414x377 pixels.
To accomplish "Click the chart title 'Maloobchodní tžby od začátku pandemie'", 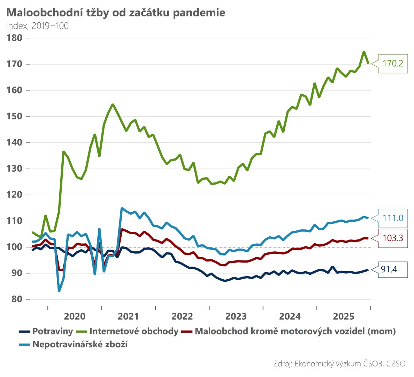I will click(x=116, y=13).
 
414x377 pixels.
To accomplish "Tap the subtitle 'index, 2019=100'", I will click(x=37, y=26).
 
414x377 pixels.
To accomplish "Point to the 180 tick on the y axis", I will click(x=14, y=38).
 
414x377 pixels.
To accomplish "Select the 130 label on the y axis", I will click(x=14, y=169).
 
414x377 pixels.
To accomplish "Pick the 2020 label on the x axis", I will click(x=75, y=316).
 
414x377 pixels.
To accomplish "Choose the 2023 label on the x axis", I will click(x=236, y=316).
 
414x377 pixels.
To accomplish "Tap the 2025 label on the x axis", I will click(x=344, y=316).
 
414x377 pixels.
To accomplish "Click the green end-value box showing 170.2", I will click(x=393, y=64).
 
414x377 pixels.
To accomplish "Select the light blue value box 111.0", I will click(x=393, y=218).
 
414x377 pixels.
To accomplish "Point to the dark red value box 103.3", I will click(x=393, y=238).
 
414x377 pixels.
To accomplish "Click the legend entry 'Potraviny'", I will click(x=52, y=331).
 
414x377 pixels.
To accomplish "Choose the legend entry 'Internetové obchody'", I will click(x=134, y=331).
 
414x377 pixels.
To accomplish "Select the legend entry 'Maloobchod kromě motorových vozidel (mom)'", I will click(x=295, y=331).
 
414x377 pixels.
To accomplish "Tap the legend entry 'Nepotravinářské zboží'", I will click(x=80, y=345).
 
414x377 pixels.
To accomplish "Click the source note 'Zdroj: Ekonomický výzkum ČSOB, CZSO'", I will click(x=339, y=364).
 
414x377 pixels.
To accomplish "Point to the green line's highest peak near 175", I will click(x=364, y=52).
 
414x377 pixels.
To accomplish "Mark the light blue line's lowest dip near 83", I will click(x=59, y=291).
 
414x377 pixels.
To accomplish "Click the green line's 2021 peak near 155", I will click(x=113, y=104).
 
